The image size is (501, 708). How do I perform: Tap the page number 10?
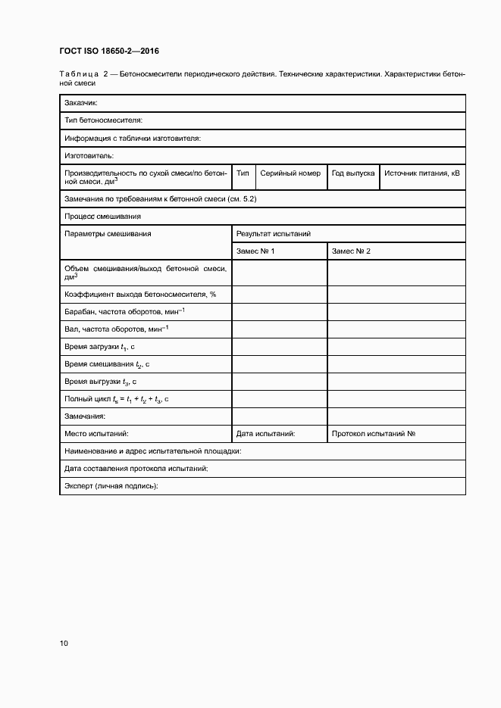64,644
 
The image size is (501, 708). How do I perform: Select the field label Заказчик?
82,103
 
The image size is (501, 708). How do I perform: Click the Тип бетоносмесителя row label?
104,120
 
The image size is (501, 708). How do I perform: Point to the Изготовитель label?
89,156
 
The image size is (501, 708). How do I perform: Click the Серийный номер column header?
290,173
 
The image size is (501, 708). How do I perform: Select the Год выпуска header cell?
353,173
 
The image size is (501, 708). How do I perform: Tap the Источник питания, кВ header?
422,173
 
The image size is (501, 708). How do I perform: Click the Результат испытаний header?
274,234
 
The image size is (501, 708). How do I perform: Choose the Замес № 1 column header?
255,251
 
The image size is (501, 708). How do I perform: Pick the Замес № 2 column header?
351,251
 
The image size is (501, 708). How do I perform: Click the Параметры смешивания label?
108,234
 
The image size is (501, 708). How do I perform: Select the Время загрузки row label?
99,347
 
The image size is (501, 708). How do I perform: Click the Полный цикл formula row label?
116,399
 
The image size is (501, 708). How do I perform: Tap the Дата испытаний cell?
265,434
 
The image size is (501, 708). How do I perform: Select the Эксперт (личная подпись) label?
111,486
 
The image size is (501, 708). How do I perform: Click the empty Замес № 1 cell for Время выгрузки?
279,382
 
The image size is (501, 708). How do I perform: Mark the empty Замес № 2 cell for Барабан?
396,311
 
